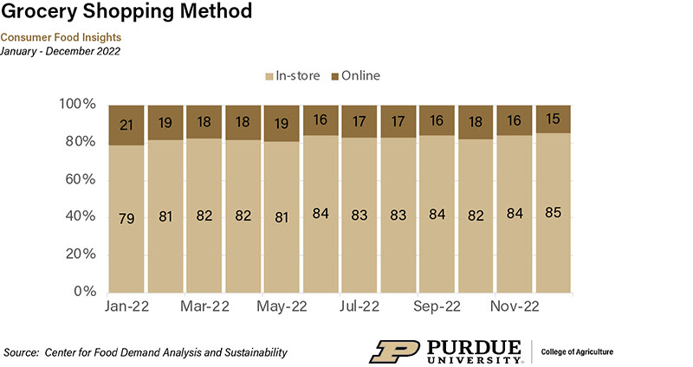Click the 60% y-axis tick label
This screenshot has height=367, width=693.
click(x=79, y=179)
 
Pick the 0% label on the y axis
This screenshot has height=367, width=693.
click(x=83, y=292)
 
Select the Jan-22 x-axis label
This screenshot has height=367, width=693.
click(x=126, y=307)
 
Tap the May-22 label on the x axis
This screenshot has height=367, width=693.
click(x=282, y=307)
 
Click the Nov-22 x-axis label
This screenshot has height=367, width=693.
click(x=515, y=307)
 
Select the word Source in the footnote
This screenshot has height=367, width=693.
click(x=22, y=352)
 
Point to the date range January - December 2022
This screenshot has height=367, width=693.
click(x=61, y=50)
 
